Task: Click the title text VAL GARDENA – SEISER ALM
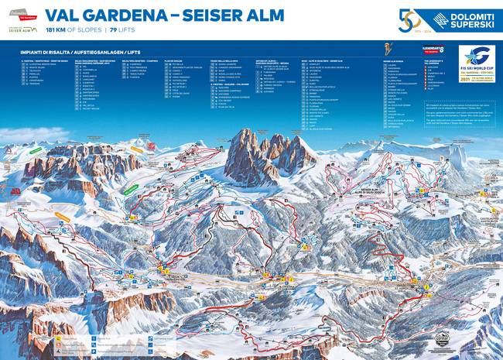pos(164,15)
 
